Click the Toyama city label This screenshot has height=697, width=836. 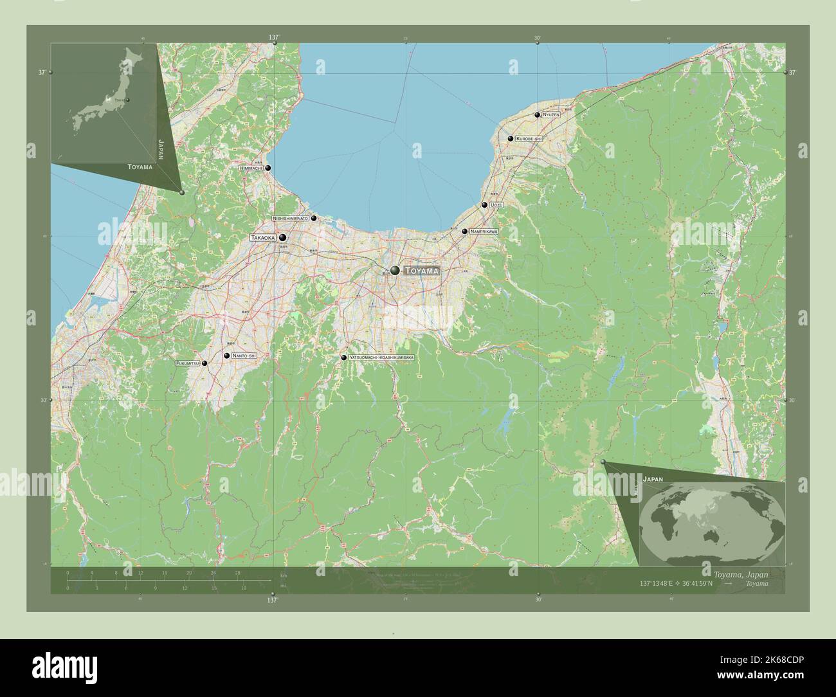click(x=422, y=271)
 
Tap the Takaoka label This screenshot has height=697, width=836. click(x=263, y=238)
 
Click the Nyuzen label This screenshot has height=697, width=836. click(x=551, y=114)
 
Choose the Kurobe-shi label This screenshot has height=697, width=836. click(x=529, y=138)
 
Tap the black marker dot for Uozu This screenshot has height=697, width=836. click(x=484, y=205)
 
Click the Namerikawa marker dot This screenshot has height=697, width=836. click(x=464, y=231)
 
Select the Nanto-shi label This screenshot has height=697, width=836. click(x=244, y=356)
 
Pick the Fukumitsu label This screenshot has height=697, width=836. click(x=187, y=364)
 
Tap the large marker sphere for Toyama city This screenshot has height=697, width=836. click(x=395, y=271)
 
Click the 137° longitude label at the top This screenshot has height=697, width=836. click(x=274, y=37)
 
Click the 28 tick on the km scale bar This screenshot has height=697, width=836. click(x=237, y=573)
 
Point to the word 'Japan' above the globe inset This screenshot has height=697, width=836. click(x=652, y=479)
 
